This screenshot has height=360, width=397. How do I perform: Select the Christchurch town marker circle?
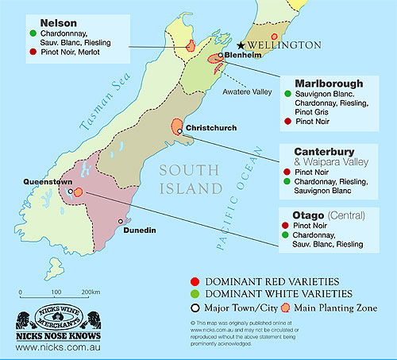[x=181, y=131]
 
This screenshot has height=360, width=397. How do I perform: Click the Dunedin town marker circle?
[x=121, y=222]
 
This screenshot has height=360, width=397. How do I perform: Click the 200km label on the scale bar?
[x=89, y=294]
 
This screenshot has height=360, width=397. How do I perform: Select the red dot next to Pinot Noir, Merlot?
[x=32, y=51]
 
